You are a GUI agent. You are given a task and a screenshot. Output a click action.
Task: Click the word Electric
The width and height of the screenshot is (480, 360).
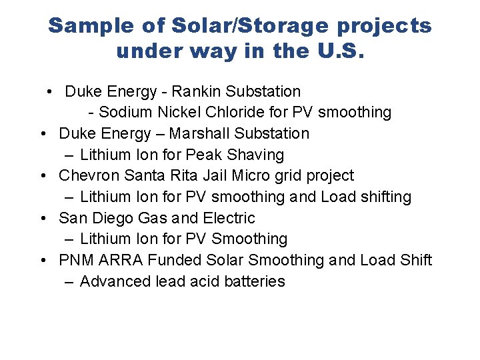pos(229,218)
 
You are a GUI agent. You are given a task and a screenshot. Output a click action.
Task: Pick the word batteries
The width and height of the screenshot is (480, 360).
pos(256,281)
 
